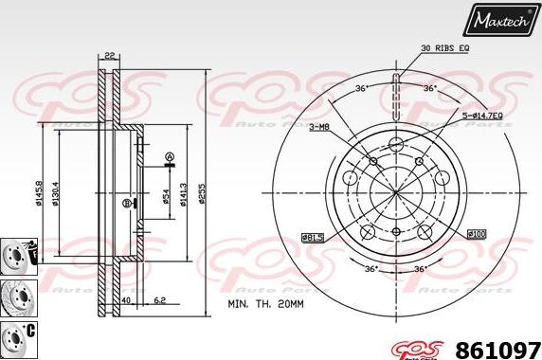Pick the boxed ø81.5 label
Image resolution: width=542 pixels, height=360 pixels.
click(x=313, y=236)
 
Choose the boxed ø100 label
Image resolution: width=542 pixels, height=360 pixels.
click(x=477, y=233)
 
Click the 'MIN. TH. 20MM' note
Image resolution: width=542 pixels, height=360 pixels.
click(x=267, y=304)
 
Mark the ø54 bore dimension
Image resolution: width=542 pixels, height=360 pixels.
click(x=166, y=197)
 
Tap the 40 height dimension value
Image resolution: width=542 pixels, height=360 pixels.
click(x=125, y=302)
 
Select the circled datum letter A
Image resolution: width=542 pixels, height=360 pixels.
click(x=169, y=157)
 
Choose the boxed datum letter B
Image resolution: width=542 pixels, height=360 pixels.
click(x=126, y=202)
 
